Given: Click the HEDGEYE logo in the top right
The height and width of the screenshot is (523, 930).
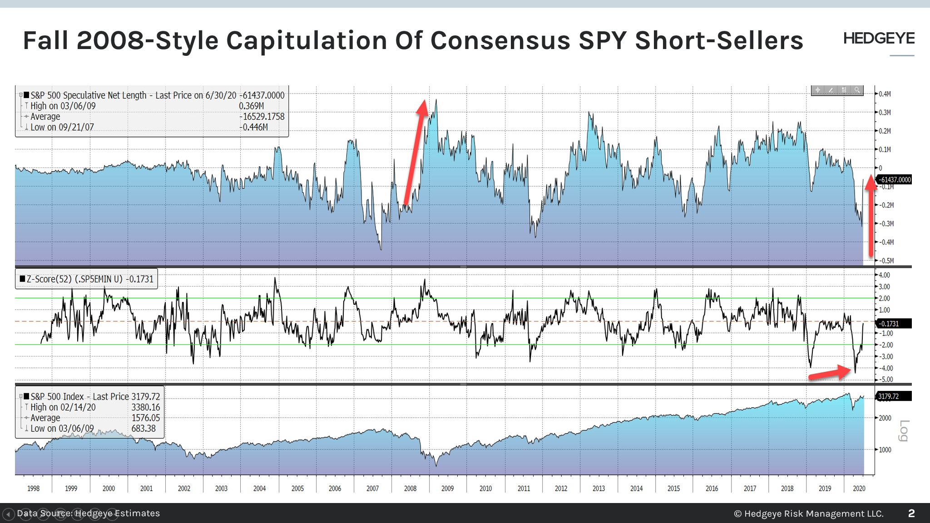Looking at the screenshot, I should pos(879,39).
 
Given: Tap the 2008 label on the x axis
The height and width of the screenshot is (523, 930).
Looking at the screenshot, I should pos(410,488).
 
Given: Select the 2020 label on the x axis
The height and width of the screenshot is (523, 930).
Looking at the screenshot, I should pos(859,488).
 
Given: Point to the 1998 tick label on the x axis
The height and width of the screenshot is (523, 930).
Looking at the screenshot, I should pos(33,488).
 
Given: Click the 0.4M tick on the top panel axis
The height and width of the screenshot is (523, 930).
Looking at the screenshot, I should pos(885,94).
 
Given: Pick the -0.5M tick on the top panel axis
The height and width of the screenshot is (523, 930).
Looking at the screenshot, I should pos(885,261).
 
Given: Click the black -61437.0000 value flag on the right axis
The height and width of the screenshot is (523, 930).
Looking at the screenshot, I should pos(894,180).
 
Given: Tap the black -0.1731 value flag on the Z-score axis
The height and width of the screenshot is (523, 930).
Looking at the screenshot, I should pos(889,324).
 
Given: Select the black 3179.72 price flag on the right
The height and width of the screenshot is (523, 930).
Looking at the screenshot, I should pos(889,396).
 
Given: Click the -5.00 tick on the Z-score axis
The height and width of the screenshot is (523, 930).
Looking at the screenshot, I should pos(886,380).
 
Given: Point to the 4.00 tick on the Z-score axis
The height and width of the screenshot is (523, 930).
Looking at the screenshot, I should pos(885,275).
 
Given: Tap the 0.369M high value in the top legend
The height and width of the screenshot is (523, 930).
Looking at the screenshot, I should pos(251,106).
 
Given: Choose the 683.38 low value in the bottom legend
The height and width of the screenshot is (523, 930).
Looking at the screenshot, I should pos(143,429).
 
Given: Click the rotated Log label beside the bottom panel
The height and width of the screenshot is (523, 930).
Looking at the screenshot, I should pos(904,430).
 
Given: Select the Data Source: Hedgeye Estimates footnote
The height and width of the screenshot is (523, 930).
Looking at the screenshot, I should pos(88,513).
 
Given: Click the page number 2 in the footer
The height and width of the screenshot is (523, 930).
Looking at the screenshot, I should pos(911,513).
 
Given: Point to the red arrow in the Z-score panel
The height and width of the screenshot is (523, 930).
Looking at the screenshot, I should pos(830,374).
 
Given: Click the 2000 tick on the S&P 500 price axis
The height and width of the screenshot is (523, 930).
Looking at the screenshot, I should pos(885,418).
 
